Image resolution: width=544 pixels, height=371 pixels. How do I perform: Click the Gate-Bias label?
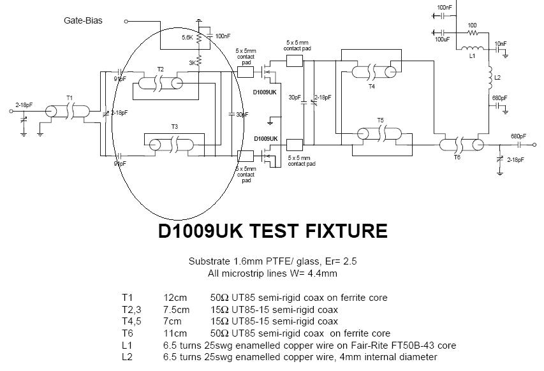83,20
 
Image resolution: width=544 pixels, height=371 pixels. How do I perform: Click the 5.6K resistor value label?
187,38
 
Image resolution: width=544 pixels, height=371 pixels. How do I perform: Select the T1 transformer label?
70,98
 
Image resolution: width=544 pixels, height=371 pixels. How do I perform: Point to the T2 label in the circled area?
160,69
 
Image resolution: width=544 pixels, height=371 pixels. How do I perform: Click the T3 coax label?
175,126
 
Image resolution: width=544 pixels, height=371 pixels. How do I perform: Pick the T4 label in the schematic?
371,87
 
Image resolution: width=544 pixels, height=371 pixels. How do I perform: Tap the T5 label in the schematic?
380,120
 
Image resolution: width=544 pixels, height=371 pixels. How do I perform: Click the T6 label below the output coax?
457,157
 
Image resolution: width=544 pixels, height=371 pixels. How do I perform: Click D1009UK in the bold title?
203,230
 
